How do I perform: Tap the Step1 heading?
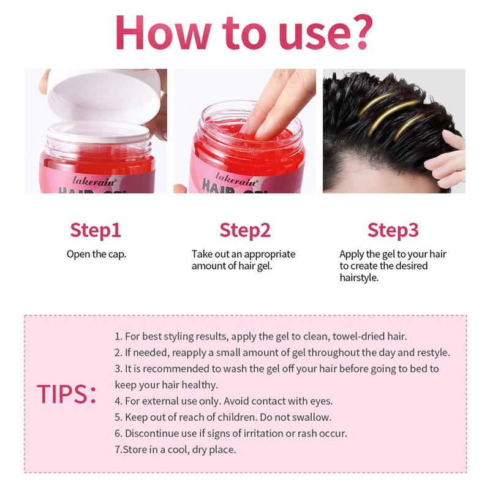(x=96, y=231)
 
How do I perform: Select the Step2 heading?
(x=244, y=231)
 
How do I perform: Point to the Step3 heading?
(x=393, y=231)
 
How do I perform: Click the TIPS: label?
(x=67, y=394)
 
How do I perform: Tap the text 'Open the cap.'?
(x=96, y=254)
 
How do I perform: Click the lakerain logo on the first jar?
(x=94, y=181)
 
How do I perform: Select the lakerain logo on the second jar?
(x=237, y=179)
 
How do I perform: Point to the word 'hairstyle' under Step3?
(x=358, y=278)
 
